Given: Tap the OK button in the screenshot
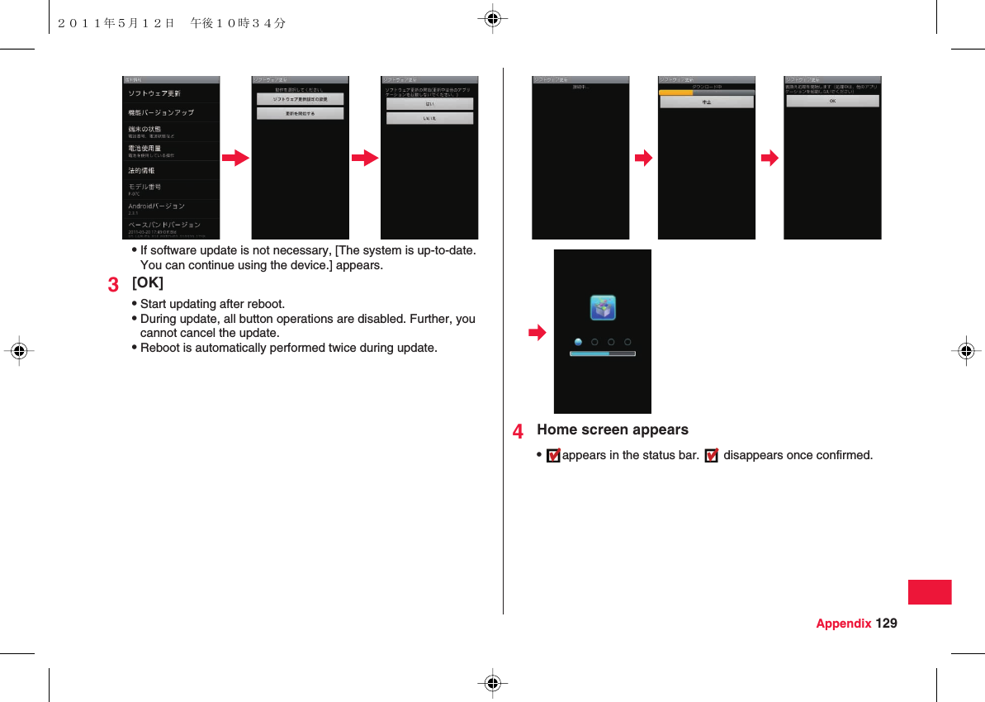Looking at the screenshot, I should [831, 101].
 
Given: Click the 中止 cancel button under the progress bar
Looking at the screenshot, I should [706, 102].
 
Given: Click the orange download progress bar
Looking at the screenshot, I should [676, 92].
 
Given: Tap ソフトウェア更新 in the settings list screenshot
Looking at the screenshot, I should [154, 93].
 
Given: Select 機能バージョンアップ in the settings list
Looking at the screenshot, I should [161, 112].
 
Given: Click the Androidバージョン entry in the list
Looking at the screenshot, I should [156, 206].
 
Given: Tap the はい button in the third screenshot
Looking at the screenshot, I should [429, 104].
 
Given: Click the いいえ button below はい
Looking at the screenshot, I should [429, 118].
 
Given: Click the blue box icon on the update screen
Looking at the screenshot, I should [603, 308].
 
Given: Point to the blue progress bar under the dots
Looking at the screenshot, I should [602, 353].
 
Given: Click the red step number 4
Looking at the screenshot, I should [518, 432].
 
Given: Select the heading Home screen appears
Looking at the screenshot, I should [612, 429].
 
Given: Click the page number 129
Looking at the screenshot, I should [887, 623].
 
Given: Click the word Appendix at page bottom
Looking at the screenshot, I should [843, 623].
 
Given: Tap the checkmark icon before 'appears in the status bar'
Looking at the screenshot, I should [553, 455].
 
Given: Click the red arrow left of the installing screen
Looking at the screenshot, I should [537, 333].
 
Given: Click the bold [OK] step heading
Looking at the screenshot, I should [148, 282].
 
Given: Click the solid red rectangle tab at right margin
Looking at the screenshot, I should [930, 592].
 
